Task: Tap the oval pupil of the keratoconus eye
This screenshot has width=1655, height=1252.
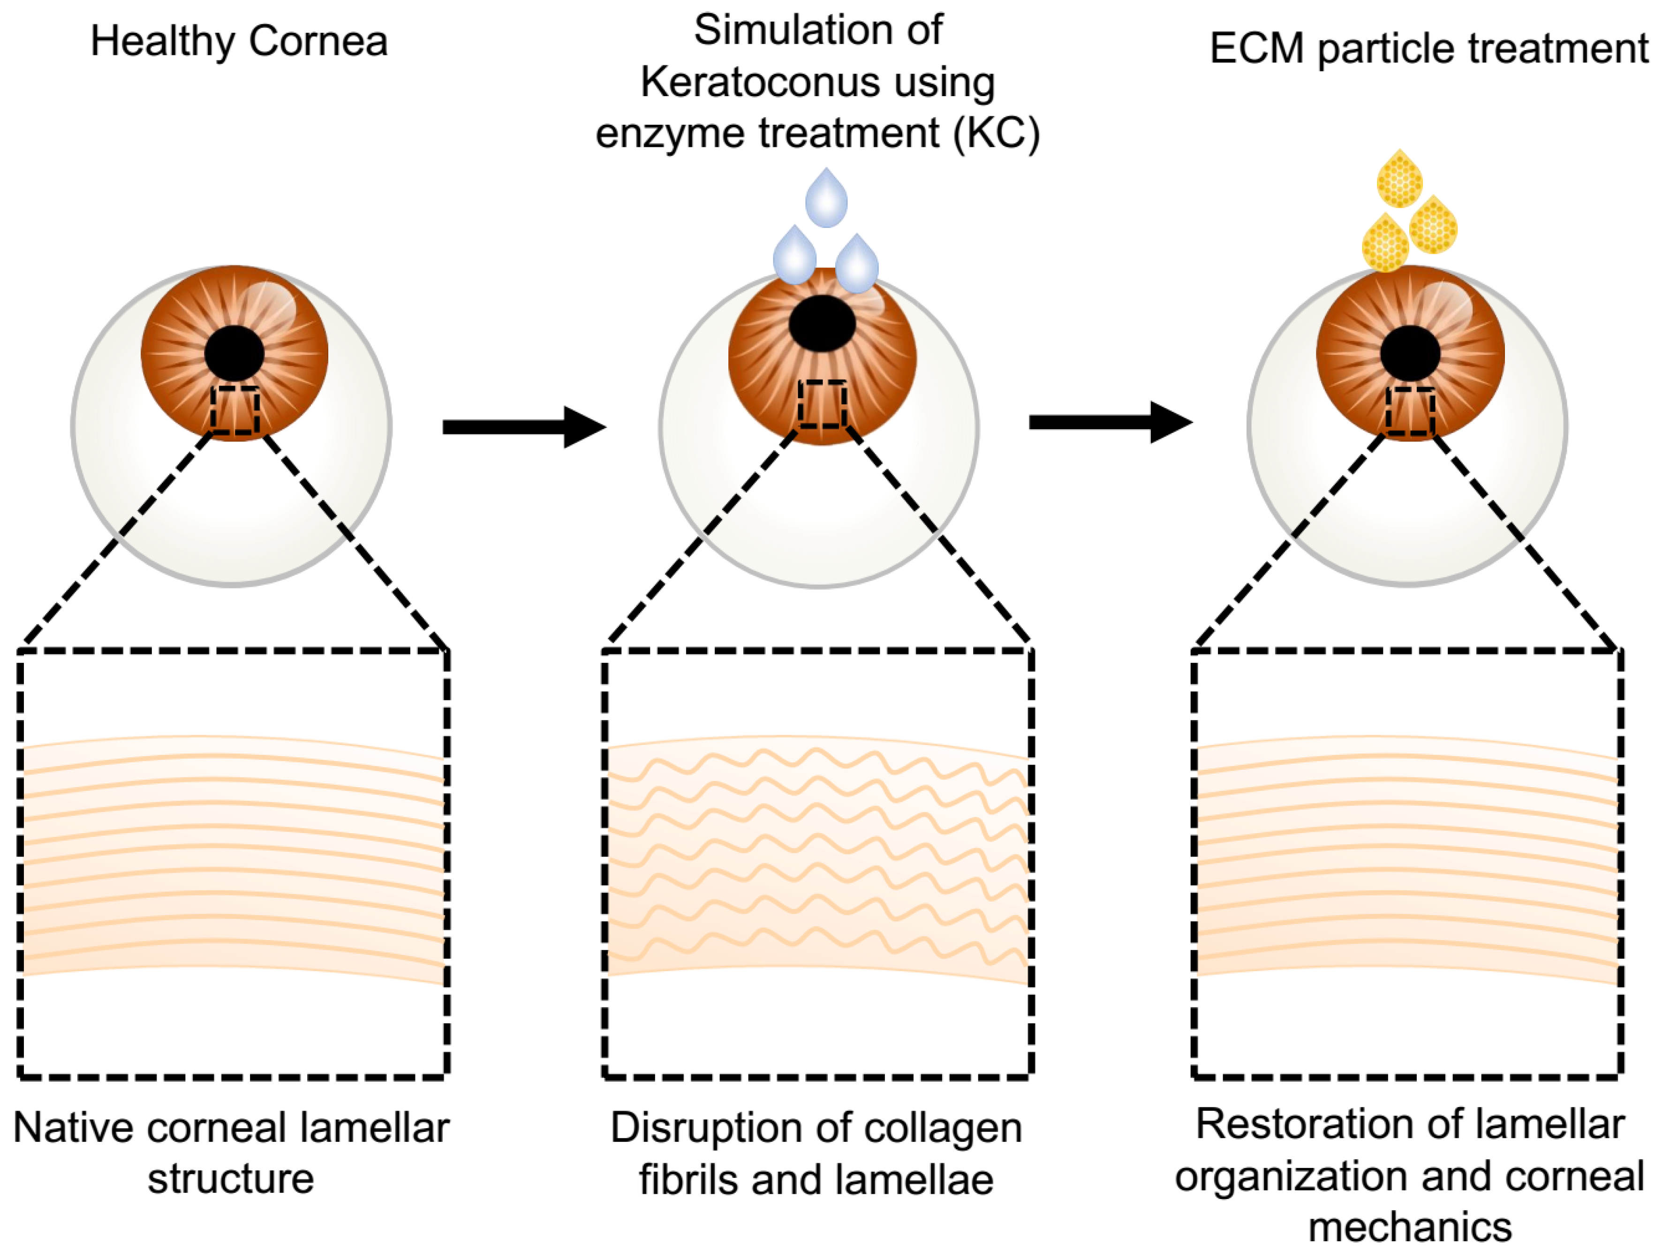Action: coord(822,323)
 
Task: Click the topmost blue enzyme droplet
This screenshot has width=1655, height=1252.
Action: coord(826,199)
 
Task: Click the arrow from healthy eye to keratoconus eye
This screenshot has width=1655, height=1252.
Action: coord(524,426)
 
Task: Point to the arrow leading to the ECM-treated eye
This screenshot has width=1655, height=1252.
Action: coord(1111,422)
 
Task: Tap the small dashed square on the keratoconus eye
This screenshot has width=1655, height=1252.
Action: coord(822,404)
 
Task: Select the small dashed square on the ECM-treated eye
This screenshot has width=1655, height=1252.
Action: coord(1410,411)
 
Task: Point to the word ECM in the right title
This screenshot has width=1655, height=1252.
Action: coord(1256,49)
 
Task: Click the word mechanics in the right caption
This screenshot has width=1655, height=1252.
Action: coord(1410,1227)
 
